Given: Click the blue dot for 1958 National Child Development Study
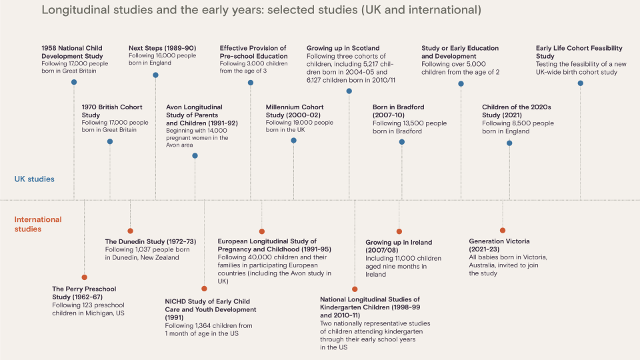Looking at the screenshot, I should coord(74,82).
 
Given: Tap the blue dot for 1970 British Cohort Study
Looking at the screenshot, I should coord(110,141).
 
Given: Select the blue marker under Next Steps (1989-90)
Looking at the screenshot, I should coord(156,75).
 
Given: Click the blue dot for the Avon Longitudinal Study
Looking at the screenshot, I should coord(195,156).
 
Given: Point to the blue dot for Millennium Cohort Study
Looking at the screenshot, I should coord(293,141).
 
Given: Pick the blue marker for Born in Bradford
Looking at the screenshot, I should coord(402,141).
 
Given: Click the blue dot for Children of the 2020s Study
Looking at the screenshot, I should coord(509,143).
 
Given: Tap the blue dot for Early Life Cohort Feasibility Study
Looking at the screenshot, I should coord(580,83).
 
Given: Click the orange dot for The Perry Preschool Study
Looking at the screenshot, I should coord(84,277).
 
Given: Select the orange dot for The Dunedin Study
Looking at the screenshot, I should coord(130,231).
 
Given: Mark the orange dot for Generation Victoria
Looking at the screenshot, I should coord(503,231).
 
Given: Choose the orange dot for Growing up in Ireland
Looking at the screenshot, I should coord(399,231).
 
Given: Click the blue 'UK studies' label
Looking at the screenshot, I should coord(35,179).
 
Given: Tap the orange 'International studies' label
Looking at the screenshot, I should coord(38,224).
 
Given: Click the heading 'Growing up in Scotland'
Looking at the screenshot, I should coord(343,49).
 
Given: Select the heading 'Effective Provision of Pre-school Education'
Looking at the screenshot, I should coord(253,52).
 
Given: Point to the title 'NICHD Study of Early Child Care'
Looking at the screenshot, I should coord(210,305).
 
